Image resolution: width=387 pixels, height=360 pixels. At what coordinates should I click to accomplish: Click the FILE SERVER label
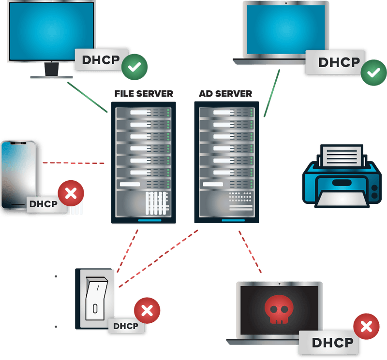pos(144,93)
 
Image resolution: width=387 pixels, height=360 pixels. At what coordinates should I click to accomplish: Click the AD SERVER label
pos(225,93)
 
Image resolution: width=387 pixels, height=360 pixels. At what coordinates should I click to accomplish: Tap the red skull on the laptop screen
pos(278,308)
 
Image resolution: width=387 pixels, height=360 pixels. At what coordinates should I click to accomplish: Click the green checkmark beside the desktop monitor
pos(134,67)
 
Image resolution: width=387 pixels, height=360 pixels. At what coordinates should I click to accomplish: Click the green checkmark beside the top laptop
pos(373,73)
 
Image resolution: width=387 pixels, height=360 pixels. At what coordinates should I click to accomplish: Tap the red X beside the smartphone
pos(71,194)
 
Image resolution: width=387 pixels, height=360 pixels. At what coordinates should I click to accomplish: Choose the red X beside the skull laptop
pos(366,327)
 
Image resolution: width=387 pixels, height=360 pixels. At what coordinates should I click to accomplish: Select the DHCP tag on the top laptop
pos(339,62)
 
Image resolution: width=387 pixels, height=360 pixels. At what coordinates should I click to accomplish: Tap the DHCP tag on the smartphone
pos(43,204)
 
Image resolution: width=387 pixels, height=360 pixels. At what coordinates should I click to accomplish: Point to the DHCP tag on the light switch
pos(125,326)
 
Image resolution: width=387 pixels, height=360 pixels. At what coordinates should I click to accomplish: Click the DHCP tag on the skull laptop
pos(332,343)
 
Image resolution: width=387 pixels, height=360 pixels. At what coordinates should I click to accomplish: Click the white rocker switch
pos(96,299)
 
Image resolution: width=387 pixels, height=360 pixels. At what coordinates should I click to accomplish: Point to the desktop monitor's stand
pos(52,72)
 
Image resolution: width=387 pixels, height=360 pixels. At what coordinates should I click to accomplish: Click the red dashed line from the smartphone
pos(73,163)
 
